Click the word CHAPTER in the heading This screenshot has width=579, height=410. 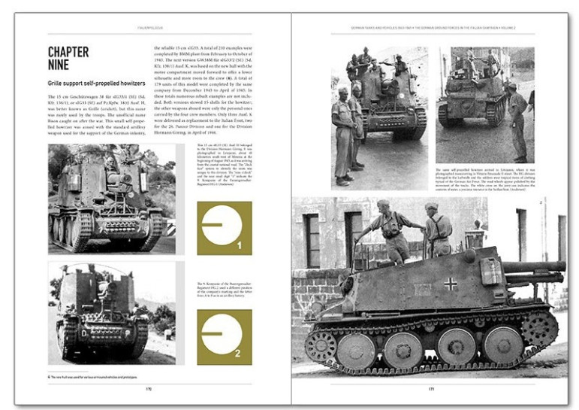[68, 52]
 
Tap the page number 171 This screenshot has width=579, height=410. [431, 388]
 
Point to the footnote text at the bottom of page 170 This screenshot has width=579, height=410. [98, 376]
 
